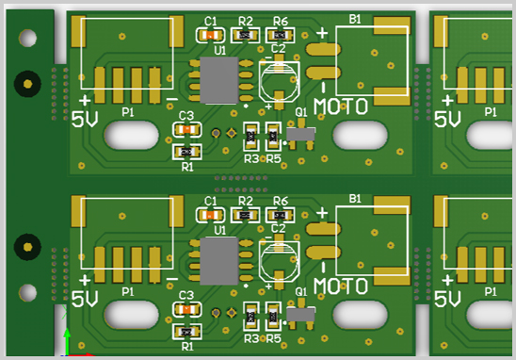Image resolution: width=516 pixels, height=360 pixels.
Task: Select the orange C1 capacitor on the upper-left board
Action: pos(210,35)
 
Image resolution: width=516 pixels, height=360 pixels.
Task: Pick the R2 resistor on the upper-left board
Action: pos(246,35)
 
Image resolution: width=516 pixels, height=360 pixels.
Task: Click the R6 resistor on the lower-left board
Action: pos(280,216)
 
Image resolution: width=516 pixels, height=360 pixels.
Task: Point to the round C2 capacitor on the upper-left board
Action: pos(278,80)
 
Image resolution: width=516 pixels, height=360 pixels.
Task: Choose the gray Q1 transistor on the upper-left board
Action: pos(300,136)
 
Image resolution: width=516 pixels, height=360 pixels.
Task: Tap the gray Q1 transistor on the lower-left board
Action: pos(300,315)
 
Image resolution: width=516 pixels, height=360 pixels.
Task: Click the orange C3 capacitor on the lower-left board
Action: pos(187,309)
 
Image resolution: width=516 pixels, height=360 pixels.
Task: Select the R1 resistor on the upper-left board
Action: pos(186,151)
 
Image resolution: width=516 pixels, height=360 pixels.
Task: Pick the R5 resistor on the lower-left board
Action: pos(273,318)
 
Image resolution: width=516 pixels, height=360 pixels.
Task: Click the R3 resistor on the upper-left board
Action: pos(250,138)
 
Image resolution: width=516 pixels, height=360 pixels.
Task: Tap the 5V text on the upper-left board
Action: pos(85,120)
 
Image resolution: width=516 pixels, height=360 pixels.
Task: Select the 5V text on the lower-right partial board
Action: pos(448,301)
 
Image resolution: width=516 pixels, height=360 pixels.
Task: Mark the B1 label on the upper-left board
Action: pos(355,19)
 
